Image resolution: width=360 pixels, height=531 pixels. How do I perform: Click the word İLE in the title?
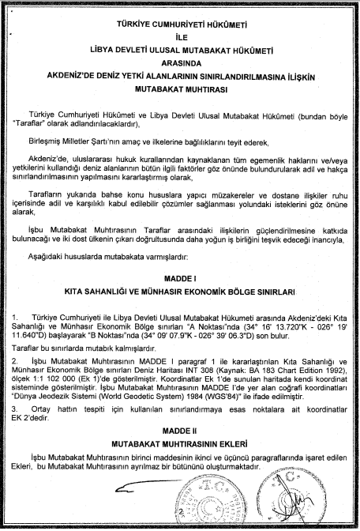[x=180, y=36]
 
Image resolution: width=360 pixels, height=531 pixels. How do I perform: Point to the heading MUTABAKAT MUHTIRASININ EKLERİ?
[x=180, y=455]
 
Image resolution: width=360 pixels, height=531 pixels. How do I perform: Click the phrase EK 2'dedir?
[x=37, y=419]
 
